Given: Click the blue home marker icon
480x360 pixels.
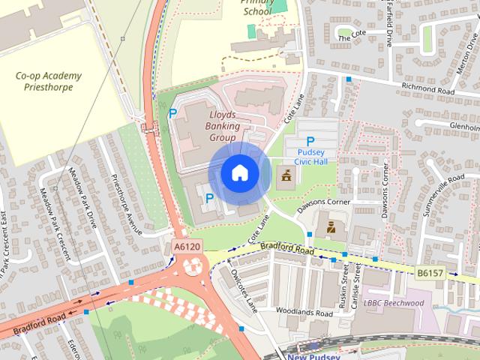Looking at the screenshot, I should [239, 173].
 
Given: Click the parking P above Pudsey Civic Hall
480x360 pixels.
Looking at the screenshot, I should [310, 141].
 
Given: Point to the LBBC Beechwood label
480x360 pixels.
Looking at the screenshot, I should [415, 303].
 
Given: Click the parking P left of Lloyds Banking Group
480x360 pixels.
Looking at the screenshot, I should [172, 114].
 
